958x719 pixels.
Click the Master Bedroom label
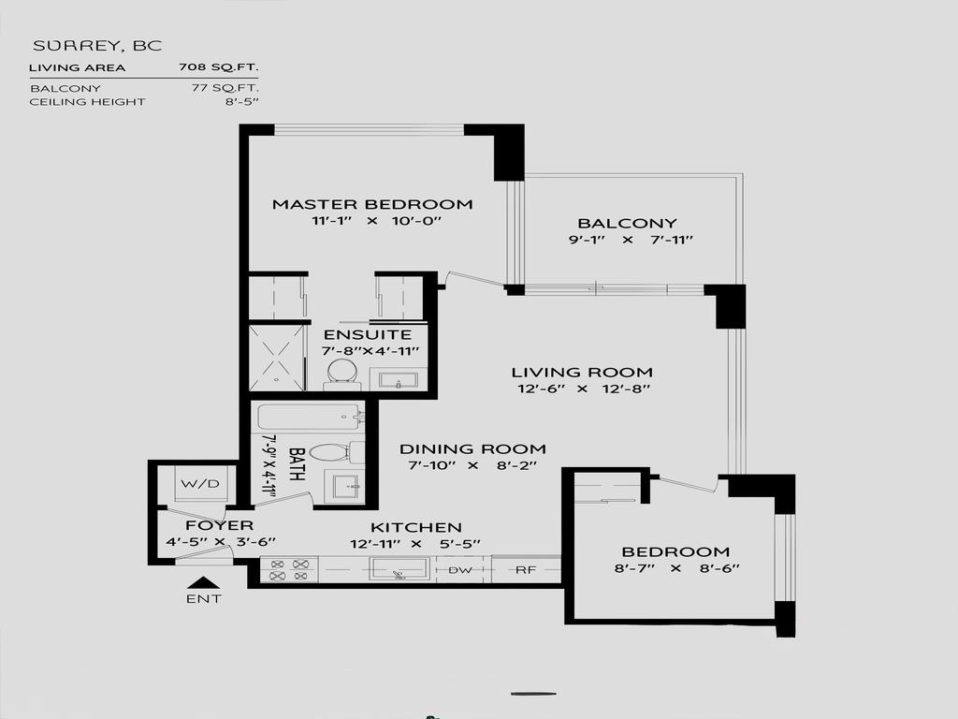pyautogui.click(x=371, y=204)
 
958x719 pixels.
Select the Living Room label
pyautogui.click(x=582, y=372)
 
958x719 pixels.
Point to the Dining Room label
pyautogui.click(x=472, y=448)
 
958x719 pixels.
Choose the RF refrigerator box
pyautogui.click(x=525, y=569)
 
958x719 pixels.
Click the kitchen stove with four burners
pyautogui.click(x=288, y=569)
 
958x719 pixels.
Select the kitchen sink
pyautogui.click(x=399, y=569)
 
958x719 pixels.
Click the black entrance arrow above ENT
pyautogui.click(x=203, y=582)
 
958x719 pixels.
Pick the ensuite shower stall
pyautogui.click(x=278, y=358)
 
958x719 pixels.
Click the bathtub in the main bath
pyautogui.click(x=309, y=417)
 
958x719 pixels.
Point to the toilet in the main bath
pyautogui.click(x=329, y=453)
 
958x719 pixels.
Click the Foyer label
pyautogui.click(x=219, y=525)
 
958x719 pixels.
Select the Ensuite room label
pyautogui.click(x=367, y=334)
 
